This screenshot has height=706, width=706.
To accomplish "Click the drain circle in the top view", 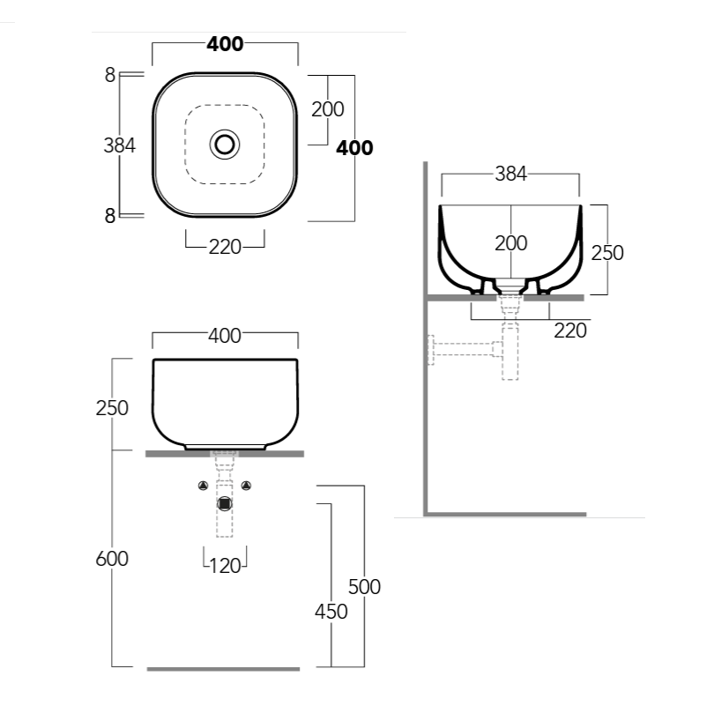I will pyautogui.click(x=225, y=144).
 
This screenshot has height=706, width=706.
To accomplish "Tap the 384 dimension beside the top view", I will pyautogui.click(x=120, y=145).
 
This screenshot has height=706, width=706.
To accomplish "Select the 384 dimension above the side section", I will pyautogui.click(x=510, y=175).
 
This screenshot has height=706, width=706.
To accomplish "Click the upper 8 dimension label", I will pyautogui.click(x=110, y=76).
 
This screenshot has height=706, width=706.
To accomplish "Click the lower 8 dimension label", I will pyautogui.click(x=110, y=215).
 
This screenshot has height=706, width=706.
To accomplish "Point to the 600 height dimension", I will pyautogui.click(x=112, y=558).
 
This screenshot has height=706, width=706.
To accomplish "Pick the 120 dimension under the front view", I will pyautogui.click(x=226, y=566).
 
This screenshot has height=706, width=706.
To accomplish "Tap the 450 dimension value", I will pyautogui.click(x=331, y=611).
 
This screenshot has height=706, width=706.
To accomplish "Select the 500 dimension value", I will pyautogui.click(x=365, y=586).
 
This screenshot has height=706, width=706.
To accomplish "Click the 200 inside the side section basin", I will pyautogui.click(x=511, y=243).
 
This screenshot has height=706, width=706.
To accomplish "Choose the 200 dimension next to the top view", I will pyautogui.click(x=328, y=109).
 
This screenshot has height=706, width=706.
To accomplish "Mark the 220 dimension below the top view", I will pyautogui.click(x=225, y=248).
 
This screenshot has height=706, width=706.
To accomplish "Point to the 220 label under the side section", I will pyautogui.click(x=570, y=331).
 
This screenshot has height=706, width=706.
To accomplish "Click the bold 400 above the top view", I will pyautogui.click(x=225, y=44).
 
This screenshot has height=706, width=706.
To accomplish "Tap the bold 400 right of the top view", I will pyautogui.click(x=354, y=148).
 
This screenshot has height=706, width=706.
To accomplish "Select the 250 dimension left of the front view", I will pyautogui.click(x=112, y=408).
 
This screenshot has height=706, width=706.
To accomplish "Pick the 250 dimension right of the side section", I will pyautogui.click(x=606, y=253).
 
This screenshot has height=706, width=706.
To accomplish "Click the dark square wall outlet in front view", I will pyautogui.click(x=225, y=503).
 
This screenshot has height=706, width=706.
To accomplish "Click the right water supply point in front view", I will pyautogui.click(x=247, y=485).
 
